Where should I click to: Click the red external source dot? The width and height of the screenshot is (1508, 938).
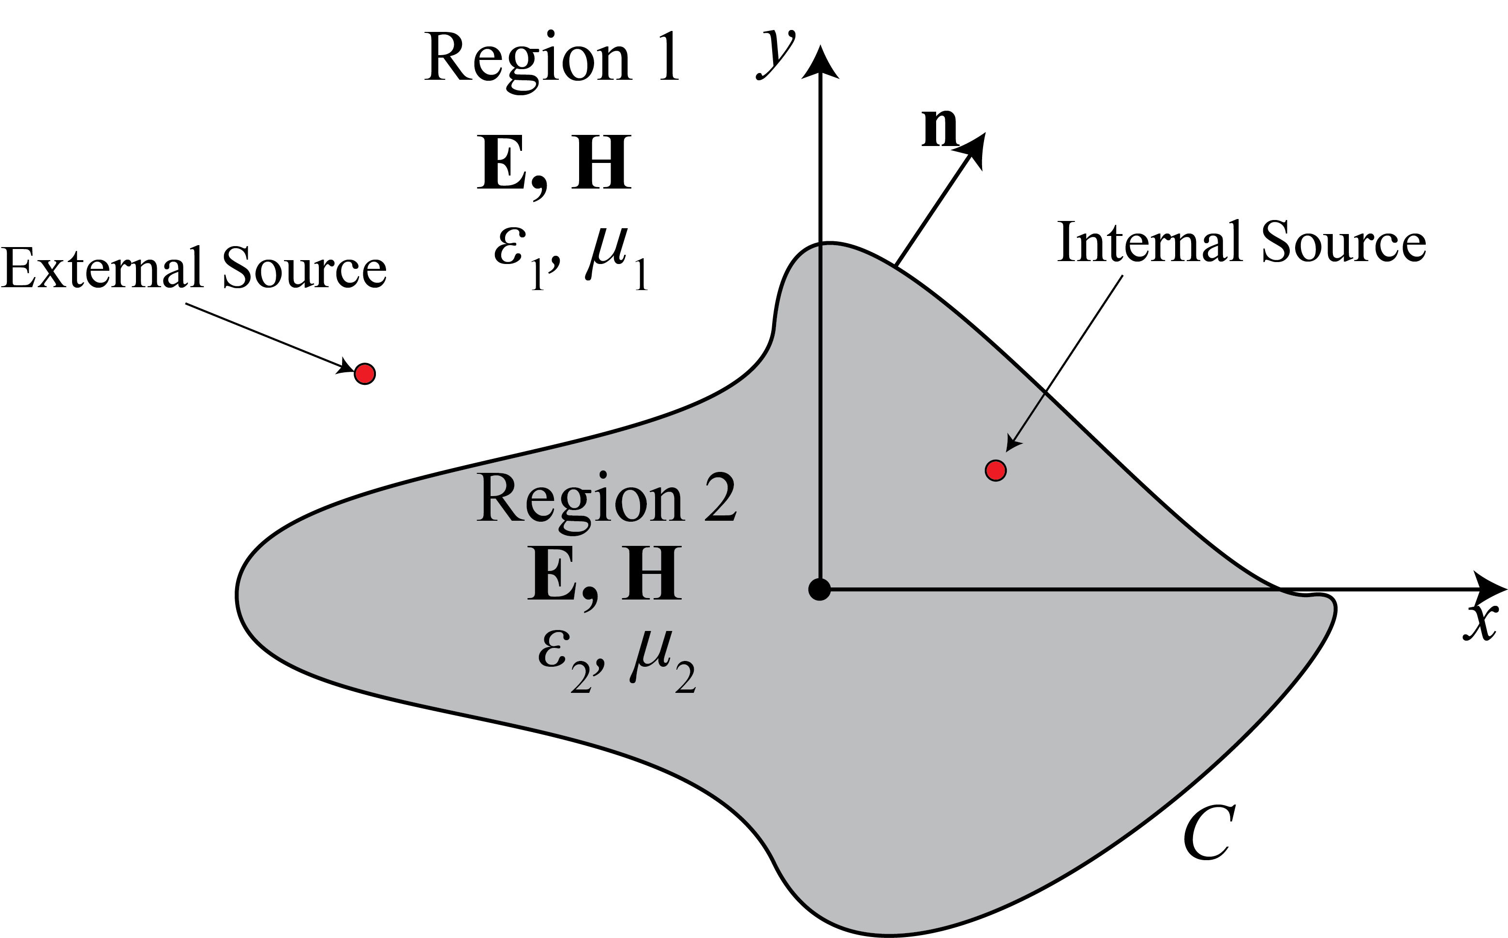coord(364,374)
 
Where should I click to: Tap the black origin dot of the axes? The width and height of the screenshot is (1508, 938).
coord(819,589)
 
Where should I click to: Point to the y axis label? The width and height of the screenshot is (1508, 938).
coord(775,55)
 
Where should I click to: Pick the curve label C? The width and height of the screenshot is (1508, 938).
coord(1209,833)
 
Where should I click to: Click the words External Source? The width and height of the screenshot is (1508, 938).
coord(194,268)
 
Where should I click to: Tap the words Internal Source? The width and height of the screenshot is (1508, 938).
coord(1241,242)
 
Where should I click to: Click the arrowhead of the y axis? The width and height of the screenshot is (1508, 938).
coord(821,63)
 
